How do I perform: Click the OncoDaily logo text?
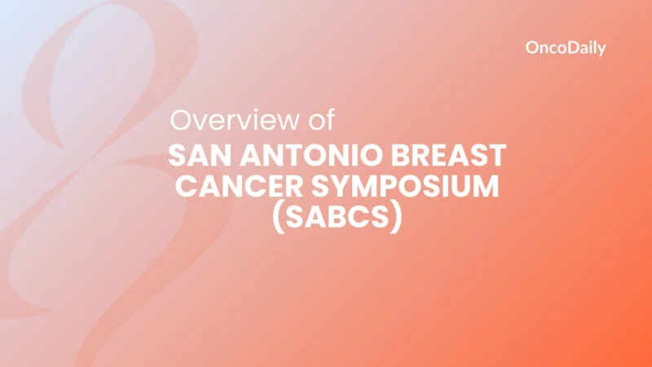(566, 48)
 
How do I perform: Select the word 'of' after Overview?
(316, 121)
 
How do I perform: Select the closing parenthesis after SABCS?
(396, 220)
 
